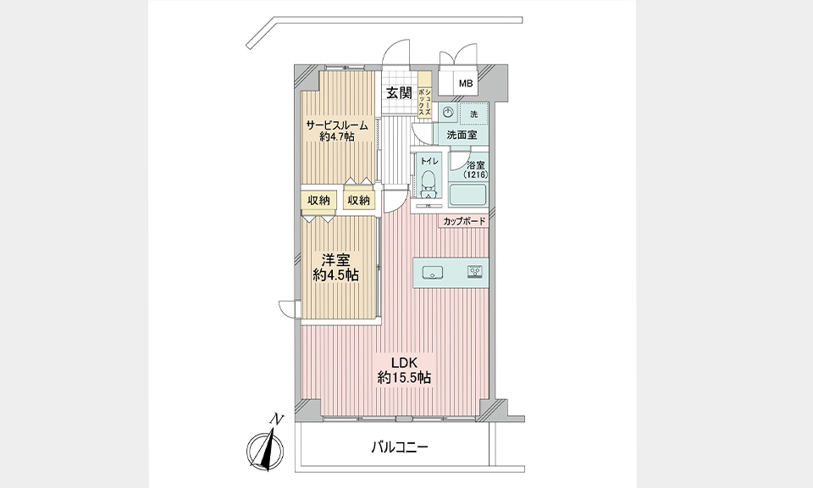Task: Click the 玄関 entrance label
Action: tap(399, 93)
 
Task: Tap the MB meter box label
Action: tap(466, 83)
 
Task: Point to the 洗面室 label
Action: tap(462, 136)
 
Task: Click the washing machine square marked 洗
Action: tap(473, 114)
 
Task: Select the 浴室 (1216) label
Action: tap(475, 170)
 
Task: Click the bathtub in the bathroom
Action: tap(468, 195)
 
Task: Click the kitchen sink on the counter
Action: tap(431, 272)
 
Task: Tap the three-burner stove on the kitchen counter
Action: tap(475, 271)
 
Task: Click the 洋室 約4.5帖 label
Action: tap(336, 267)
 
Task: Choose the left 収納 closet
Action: tap(319, 201)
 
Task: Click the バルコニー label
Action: tap(400, 447)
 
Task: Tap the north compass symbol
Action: tap(265, 449)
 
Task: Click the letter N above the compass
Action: tap(279, 419)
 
